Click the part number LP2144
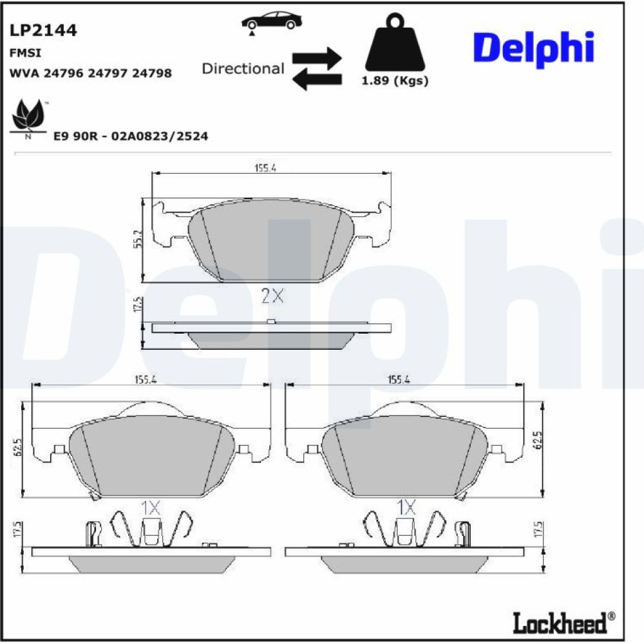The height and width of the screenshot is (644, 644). click(x=43, y=30)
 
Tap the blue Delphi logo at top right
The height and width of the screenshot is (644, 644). click(x=533, y=48)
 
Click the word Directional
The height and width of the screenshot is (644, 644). click(x=243, y=68)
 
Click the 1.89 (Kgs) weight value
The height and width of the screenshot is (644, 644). click(x=395, y=80)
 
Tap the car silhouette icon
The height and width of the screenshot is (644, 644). click(x=272, y=23)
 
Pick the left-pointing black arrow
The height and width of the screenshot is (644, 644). click(x=317, y=79)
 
